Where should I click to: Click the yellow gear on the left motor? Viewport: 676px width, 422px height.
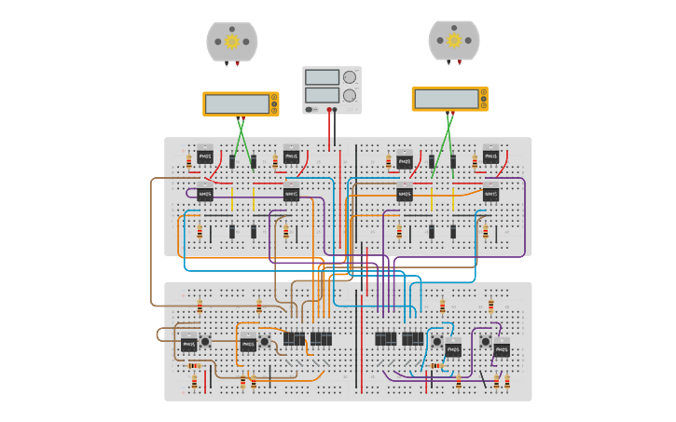[232, 41]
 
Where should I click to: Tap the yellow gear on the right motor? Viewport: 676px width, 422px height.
[454, 40]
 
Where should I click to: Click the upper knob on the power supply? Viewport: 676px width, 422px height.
[350, 77]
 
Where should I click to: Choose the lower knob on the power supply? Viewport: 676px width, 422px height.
[350, 95]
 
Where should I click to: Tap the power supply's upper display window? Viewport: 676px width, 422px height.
[322, 77]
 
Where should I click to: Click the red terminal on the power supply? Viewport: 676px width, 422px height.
[336, 109]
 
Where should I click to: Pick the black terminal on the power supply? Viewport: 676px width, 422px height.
[328, 109]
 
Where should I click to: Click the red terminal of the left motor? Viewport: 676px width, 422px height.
[237, 63]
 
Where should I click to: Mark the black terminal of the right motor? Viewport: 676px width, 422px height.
[448, 62]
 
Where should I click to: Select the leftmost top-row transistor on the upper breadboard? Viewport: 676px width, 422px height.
[205, 157]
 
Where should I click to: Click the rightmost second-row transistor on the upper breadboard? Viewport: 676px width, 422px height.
[490, 195]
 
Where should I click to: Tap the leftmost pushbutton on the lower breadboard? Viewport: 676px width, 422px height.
[205, 342]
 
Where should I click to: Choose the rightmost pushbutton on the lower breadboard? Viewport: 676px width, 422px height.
[486, 342]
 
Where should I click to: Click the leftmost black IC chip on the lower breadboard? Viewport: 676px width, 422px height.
[294, 338]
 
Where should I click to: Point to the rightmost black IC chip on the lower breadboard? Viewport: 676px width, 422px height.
[412, 338]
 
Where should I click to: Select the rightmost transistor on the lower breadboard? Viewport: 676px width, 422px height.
[502, 350]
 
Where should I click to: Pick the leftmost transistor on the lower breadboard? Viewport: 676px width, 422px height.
[189, 344]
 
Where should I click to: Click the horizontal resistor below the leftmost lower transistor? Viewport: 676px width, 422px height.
[194, 366]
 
